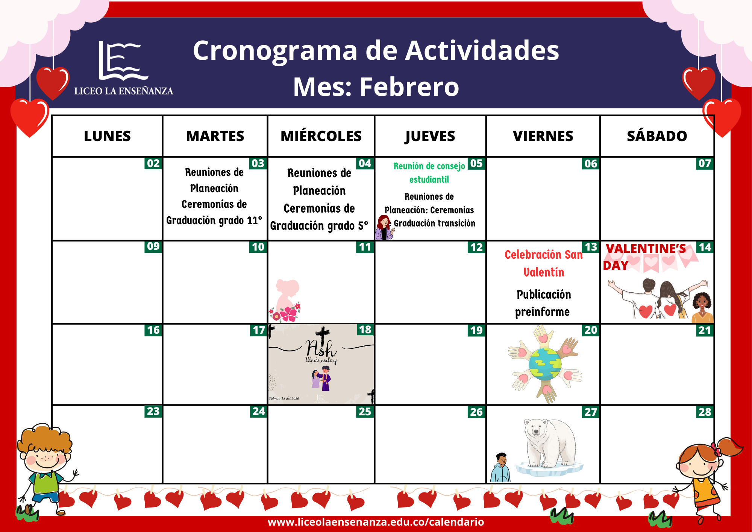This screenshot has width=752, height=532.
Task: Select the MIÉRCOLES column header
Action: [321, 136]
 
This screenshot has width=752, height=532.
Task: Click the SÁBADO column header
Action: [656, 136]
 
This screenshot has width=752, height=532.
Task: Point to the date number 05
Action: [476, 164]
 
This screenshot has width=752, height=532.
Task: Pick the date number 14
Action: [705, 247]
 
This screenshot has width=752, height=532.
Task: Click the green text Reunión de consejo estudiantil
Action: [429, 173]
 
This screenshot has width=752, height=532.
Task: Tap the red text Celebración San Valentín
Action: [544, 263]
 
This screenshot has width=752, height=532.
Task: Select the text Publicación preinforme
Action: [543, 303]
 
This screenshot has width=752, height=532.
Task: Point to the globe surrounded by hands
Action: [545, 364]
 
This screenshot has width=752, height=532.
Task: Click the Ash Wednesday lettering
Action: [321, 350]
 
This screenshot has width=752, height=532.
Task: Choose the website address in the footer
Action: [376, 522]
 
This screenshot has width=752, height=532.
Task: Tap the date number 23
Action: [153, 411]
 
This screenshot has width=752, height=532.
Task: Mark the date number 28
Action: [705, 412]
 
